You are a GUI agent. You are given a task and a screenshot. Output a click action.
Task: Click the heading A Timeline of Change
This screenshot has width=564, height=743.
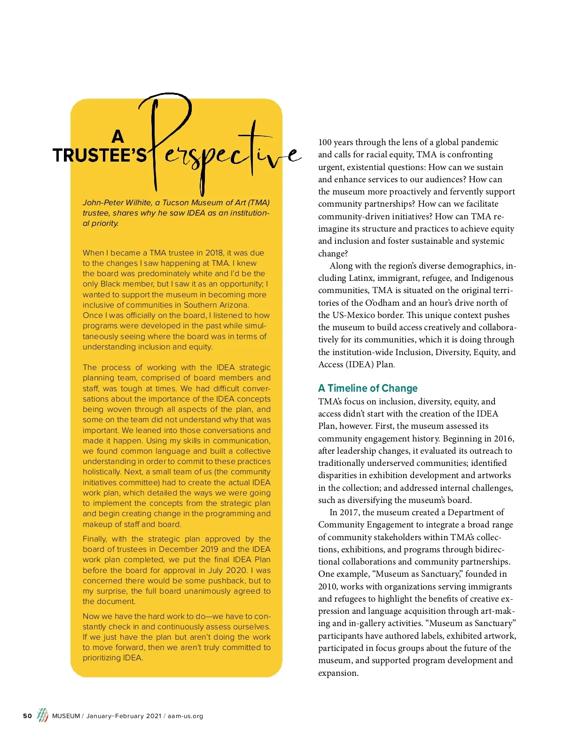[368, 388]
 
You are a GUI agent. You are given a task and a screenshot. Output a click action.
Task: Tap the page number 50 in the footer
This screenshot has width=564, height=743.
[28, 716]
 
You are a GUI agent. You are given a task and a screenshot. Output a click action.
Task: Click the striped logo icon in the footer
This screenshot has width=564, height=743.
[42, 715]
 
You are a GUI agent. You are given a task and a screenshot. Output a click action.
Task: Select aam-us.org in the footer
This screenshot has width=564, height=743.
[185, 716]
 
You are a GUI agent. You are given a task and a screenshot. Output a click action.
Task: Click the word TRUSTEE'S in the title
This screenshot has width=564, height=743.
[100, 155]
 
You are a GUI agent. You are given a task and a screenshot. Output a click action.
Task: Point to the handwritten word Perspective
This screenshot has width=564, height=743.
[221, 150]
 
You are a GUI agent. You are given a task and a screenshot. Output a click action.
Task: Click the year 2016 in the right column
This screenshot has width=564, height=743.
[503, 439]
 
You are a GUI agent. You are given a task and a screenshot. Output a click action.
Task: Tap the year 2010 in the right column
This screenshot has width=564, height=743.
[328, 587]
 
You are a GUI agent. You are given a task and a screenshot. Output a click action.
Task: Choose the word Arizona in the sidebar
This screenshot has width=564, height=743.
[231, 305]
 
